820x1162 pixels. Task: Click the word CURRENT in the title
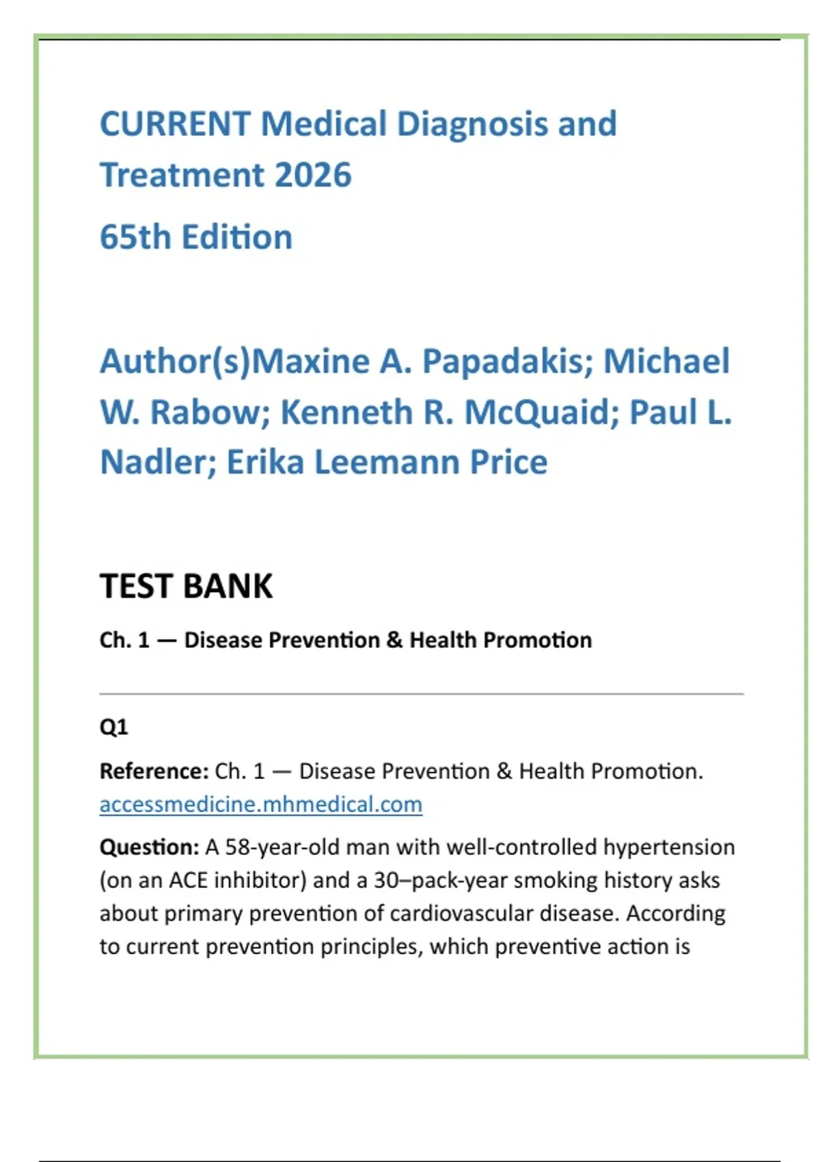point(175,124)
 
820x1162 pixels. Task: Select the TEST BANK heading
point(186,586)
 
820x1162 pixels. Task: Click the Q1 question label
point(113,727)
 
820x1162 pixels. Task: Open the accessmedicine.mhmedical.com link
point(260,805)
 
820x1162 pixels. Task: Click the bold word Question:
point(149,848)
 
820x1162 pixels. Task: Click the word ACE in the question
point(187,880)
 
